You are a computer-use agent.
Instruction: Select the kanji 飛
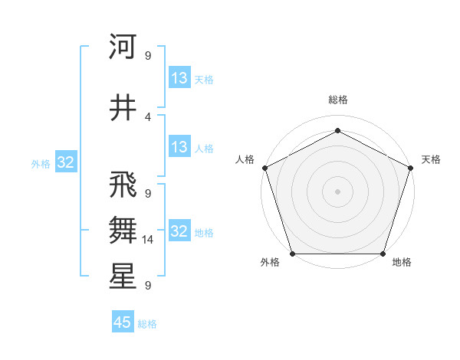pos(123,185)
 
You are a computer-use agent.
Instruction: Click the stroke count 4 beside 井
pos(148,116)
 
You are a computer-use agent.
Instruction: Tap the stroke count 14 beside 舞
pos(148,240)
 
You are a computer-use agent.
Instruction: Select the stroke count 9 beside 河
pos(148,55)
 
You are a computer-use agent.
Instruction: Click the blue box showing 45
pos(123,322)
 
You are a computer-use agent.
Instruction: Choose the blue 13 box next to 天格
pos(179,78)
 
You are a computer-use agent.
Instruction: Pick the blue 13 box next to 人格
pos(179,147)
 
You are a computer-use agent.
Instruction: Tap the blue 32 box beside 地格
pos(179,231)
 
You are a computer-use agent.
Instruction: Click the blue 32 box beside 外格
pos(65,162)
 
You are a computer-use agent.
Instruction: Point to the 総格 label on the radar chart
pos(337,100)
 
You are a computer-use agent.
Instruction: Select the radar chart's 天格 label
pos(431,159)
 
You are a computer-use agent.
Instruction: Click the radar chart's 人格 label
pos(245,159)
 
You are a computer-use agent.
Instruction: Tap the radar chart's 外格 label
pos(270,263)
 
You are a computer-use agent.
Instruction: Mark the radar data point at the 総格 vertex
pos(337,131)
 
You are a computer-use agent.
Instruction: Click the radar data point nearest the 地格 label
pos(383,254)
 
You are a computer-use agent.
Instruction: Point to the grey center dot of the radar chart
pos(337,191)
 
